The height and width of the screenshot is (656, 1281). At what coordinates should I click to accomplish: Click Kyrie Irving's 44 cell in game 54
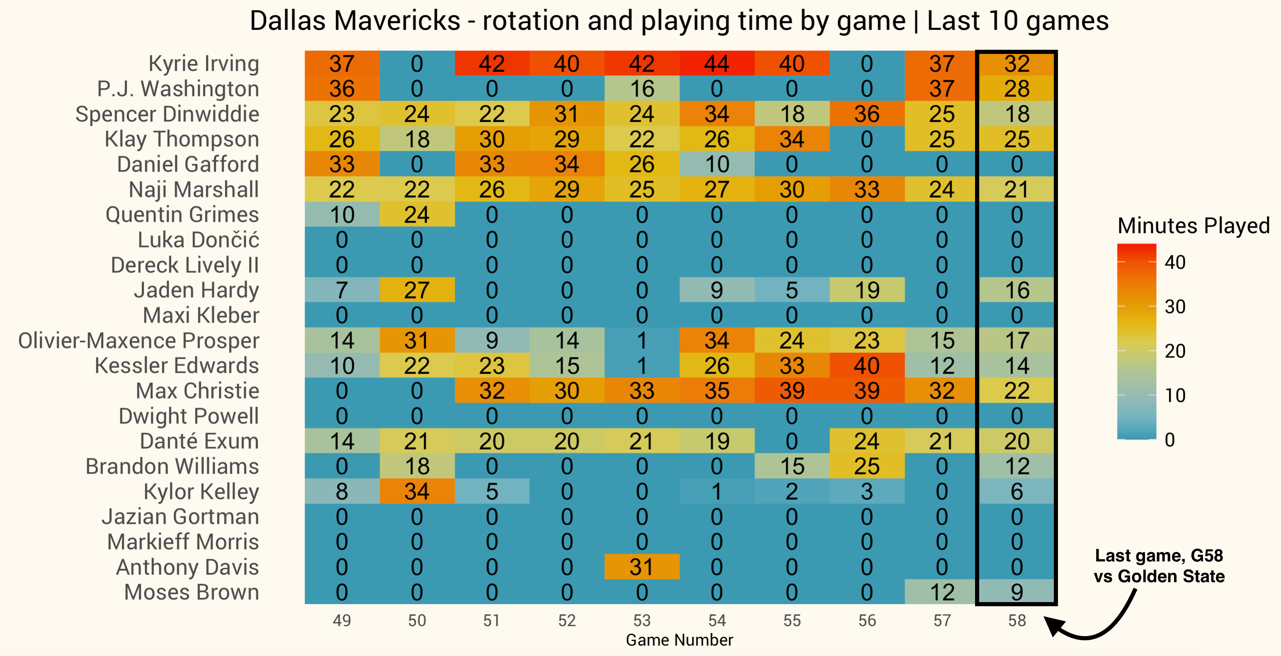tap(717, 64)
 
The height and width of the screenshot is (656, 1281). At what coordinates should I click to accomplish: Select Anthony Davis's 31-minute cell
tap(641, 567)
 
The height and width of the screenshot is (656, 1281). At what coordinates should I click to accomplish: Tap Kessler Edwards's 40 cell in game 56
tap(867, 366)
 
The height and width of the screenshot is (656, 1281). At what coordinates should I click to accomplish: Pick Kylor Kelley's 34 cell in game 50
tap(417, 491)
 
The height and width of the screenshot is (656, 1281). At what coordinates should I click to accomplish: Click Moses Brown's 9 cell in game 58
tap(1017, 592)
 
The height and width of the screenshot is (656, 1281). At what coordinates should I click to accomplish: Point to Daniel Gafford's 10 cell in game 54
tap(717, 164)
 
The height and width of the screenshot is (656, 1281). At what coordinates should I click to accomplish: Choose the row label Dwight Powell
tap(189, 416)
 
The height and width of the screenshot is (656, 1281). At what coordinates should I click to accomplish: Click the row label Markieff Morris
tap(182, 542)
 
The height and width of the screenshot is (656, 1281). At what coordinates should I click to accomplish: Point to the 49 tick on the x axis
tap(342, 620)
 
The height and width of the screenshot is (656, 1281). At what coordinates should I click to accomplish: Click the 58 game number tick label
tap(1017, 620)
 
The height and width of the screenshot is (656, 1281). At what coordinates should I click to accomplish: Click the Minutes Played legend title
tap(1193, 226)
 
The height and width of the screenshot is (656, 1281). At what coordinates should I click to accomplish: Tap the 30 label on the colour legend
tap(1174, 307)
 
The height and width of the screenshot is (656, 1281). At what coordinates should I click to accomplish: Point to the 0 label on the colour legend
tap(1169, 440)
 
